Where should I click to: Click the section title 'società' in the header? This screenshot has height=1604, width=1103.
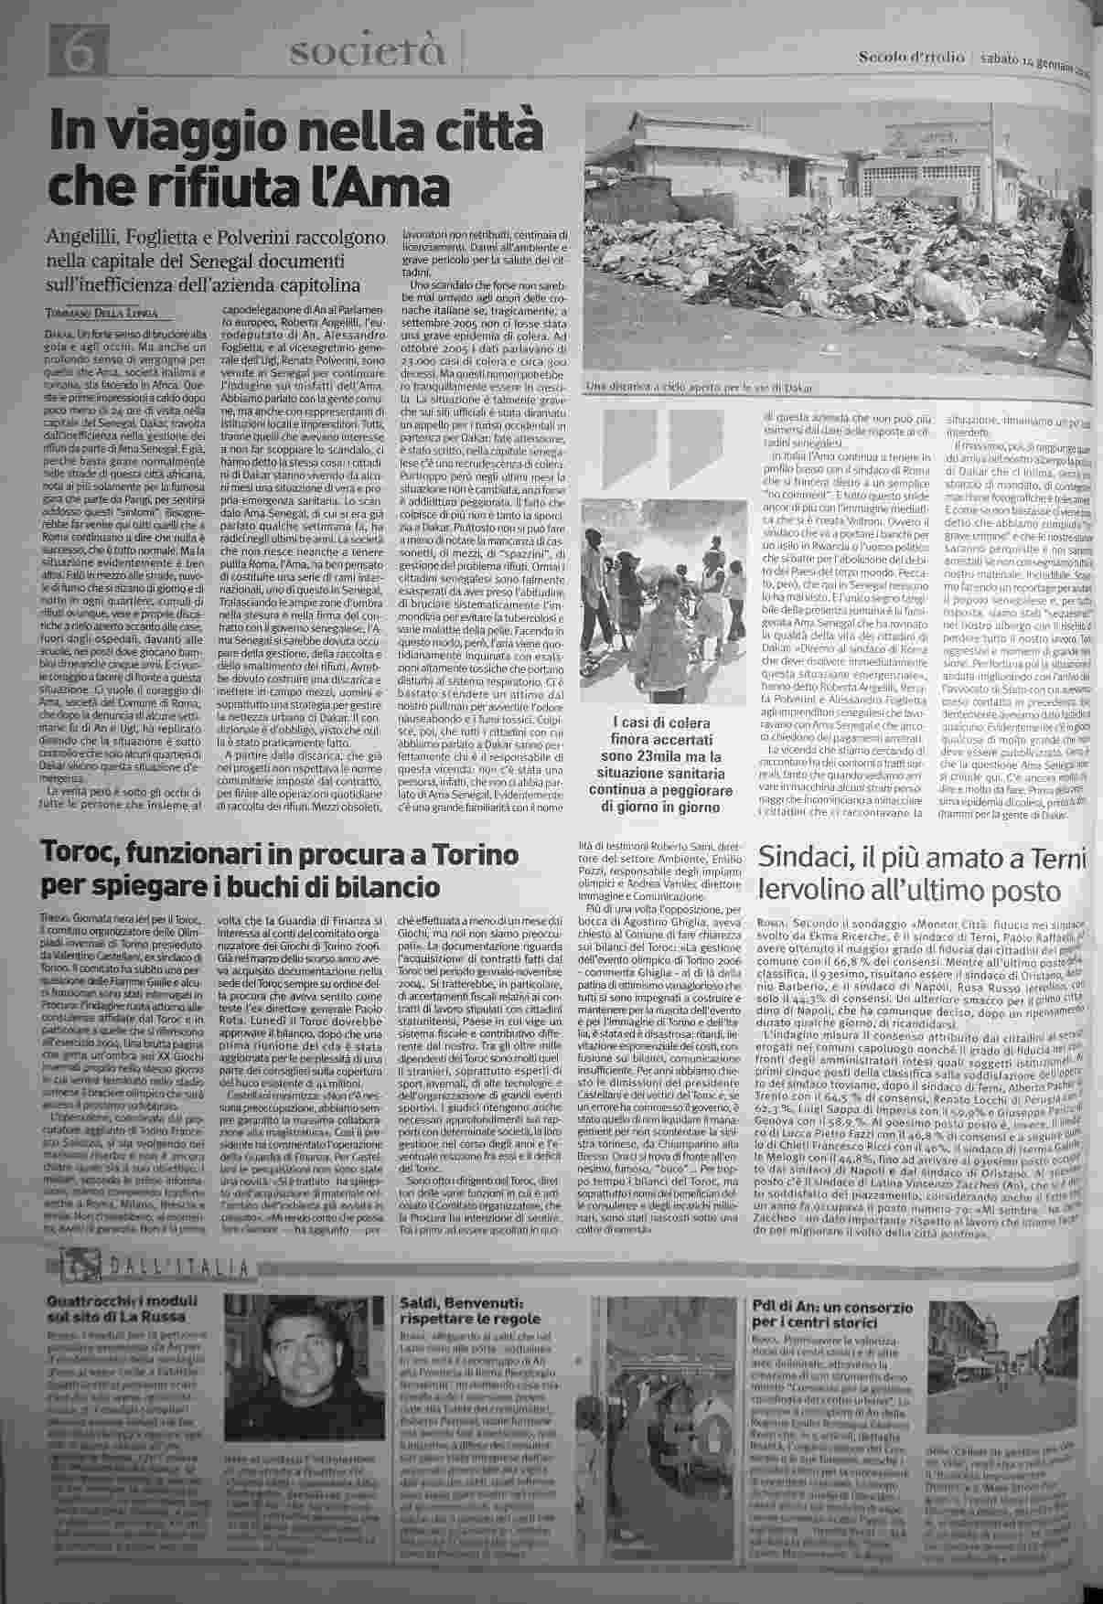(x=368, y=54)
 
